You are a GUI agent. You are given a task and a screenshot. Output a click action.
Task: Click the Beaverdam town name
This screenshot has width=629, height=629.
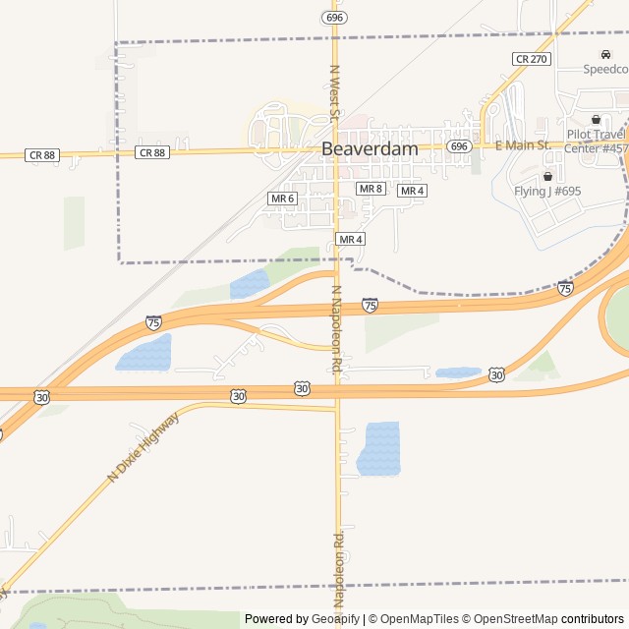370,148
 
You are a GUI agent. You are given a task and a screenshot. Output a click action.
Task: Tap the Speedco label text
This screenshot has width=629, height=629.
605,69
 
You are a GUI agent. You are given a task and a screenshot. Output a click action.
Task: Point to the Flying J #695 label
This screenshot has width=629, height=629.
547,192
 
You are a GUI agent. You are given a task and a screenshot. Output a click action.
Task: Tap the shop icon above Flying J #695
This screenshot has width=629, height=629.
547,176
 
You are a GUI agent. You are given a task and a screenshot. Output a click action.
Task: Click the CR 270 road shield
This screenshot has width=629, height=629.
531,59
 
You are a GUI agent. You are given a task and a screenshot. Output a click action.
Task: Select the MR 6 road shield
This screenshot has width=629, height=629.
282,199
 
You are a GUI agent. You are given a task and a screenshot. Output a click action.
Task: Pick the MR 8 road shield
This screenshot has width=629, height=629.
371,189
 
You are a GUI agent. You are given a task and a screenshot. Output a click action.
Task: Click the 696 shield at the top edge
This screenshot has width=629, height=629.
334,18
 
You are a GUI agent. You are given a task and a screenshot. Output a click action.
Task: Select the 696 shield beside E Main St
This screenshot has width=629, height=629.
459,145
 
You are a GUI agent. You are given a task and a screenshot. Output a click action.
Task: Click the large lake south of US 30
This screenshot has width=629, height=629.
380,448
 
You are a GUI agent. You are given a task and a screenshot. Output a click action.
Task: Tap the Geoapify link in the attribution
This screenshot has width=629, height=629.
335,619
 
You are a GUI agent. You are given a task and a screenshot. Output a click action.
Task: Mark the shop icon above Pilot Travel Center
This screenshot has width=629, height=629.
597,119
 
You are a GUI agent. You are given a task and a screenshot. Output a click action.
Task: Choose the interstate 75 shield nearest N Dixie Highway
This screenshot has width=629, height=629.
153,321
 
